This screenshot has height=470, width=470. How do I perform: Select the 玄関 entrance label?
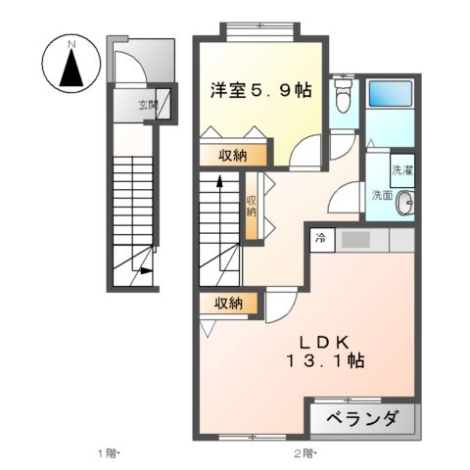(x=147, y=103)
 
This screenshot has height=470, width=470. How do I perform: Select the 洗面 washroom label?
(x=381, y=194)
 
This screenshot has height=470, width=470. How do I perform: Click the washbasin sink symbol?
(x=406, y=203)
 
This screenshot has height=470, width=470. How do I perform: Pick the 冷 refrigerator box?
(x=320, y=238)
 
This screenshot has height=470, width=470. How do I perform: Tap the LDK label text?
(x=326, y=341)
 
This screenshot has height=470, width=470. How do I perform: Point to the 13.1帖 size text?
(x=326, y=361)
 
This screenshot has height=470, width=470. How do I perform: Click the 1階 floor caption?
(x=107, y=452)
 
